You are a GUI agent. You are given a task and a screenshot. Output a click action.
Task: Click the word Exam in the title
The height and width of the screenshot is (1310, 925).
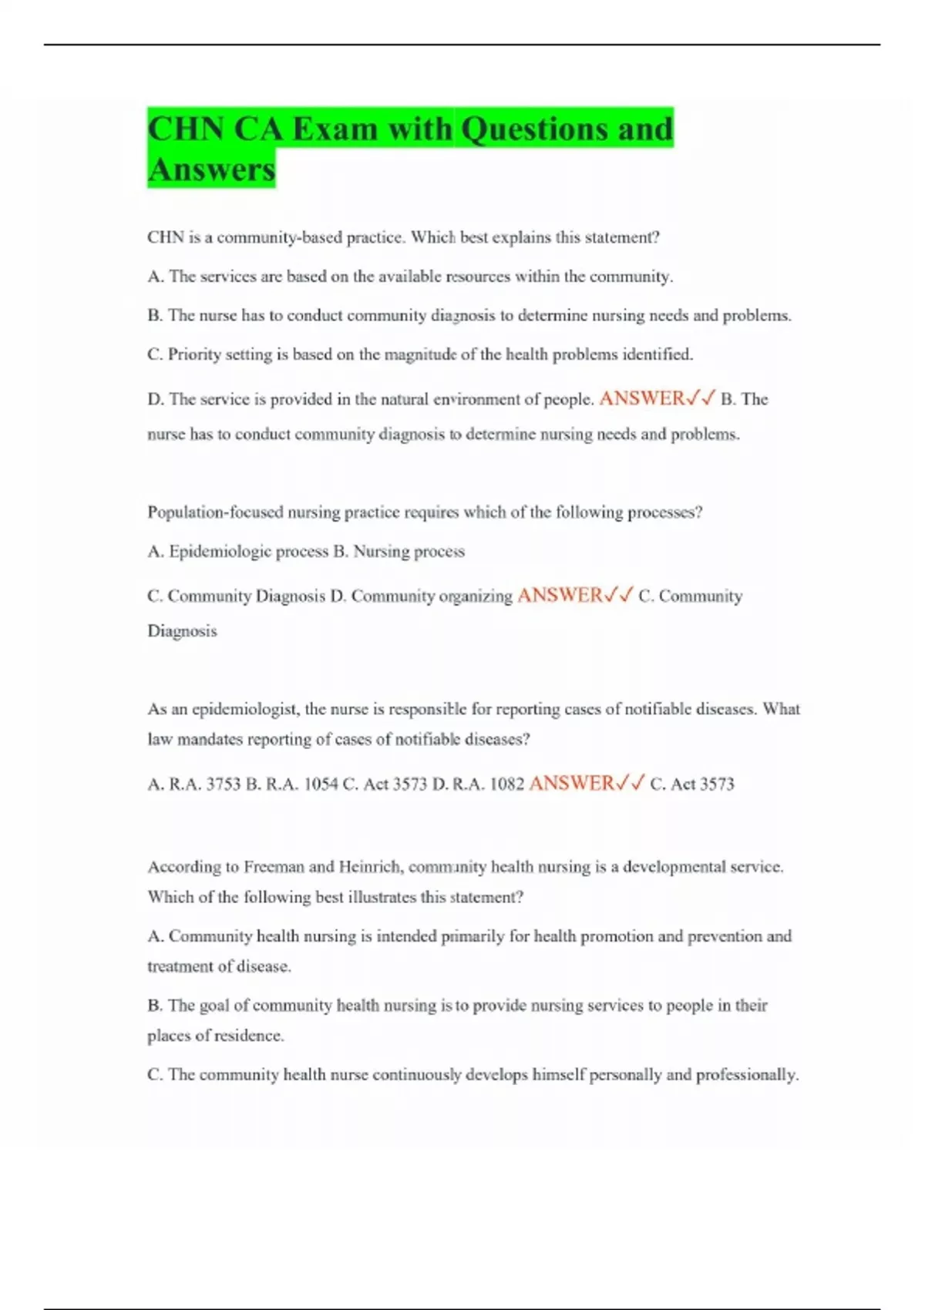click(x=335, y=129)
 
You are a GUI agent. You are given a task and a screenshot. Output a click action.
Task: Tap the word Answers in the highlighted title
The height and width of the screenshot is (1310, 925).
click(x=211, y=170)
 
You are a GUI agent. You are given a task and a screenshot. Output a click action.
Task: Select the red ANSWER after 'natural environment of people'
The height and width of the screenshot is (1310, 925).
click(x=642, y=398)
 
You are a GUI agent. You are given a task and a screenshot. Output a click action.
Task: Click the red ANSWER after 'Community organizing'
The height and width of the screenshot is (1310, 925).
click(x=560, y=595)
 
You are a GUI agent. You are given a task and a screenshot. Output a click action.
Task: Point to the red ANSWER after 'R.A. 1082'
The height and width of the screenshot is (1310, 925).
click(x=572, y=783)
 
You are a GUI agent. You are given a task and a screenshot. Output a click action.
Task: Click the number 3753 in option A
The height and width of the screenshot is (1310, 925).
click(x=224, y=784)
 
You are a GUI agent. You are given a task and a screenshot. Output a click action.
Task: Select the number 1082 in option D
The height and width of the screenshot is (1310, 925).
click(x=507, y=784)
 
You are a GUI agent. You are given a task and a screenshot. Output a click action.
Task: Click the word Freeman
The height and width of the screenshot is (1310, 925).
click(x=274, y=867)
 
